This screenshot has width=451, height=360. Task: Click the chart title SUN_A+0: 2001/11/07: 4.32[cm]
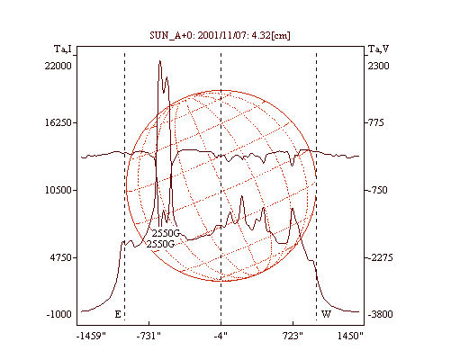click(x=220, y=36)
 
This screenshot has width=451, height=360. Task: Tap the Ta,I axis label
click(x=63, y=49)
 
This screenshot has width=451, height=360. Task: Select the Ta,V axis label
click(x=378, y=49)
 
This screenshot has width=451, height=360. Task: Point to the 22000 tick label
click(x=59, y=66)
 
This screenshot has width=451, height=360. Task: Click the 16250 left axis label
click(x=59, y=122)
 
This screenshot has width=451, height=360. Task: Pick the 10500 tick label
click(x=59, y=190)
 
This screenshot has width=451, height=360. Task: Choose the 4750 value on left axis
click(x=61, y=257)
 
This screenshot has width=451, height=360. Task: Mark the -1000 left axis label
click(x=59, y=314)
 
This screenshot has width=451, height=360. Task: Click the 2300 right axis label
click(x=379, y=66)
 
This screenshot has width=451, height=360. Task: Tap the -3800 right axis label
click(x=381, y=314)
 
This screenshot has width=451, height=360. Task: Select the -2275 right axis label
click(x=381, y=257)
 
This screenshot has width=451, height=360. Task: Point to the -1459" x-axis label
click(x=92, y=336)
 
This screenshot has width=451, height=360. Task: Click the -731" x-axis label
click(x=149, y=336)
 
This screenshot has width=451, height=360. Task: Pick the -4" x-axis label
click(x=221, y=336)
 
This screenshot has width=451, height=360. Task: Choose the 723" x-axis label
click(x=293, y=336)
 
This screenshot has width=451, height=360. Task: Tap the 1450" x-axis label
click(x=350, y=336)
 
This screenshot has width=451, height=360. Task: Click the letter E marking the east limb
click(x=118, y=314)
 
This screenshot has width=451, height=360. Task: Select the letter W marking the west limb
click(x=326, y=314)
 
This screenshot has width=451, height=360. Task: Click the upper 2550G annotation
click(x=166, y=233)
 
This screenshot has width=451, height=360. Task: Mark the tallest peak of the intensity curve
click(x=160, y=61)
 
